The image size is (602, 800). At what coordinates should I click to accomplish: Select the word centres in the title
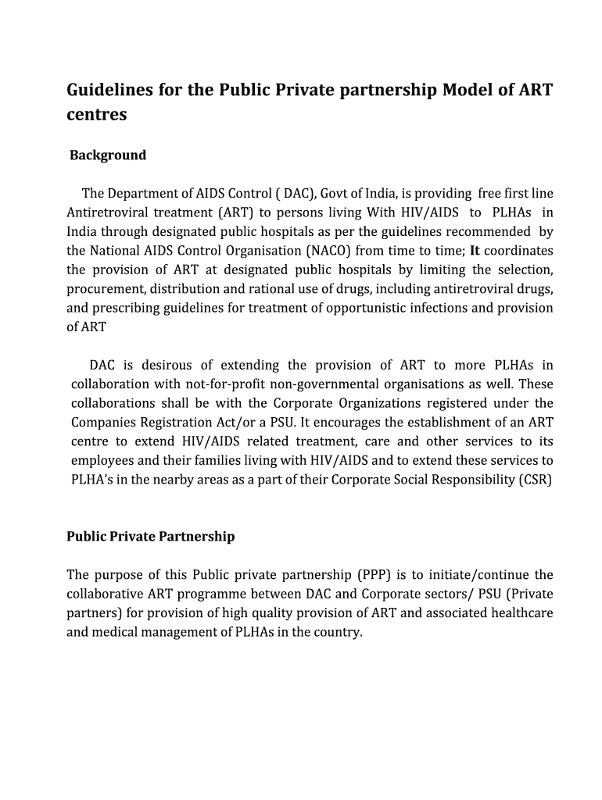coord(96,115)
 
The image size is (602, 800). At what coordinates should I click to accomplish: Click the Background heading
coord(108,155)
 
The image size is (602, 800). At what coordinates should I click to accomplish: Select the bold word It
coord(475,251)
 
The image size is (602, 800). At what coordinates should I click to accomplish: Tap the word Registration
coord(169,423)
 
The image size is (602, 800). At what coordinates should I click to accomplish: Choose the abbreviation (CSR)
coord(535,480)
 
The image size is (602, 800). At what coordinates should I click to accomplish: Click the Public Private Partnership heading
coord(150,537)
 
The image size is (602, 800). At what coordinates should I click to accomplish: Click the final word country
coord(340,632)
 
